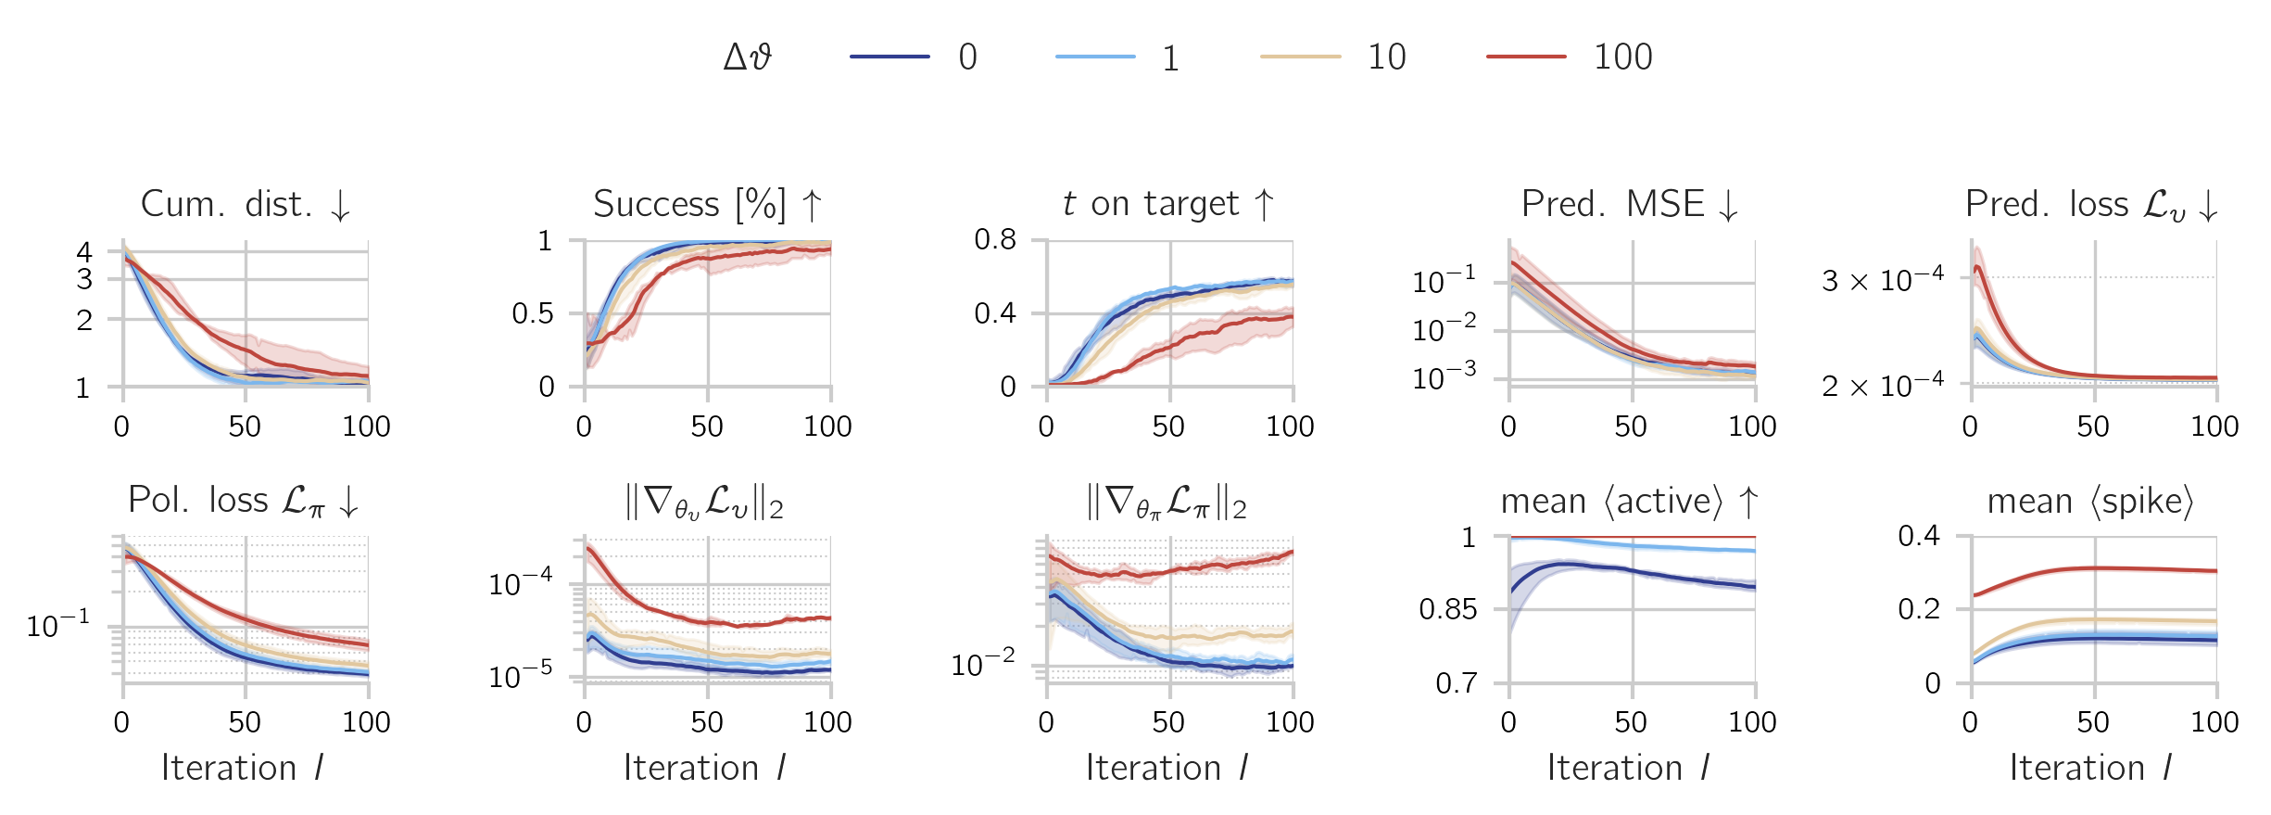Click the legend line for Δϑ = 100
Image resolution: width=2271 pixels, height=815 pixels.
[x=1526, y=57]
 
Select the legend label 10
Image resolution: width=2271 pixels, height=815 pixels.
[x=1386, y=57]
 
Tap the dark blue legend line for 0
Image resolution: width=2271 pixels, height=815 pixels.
[x=889, y=57]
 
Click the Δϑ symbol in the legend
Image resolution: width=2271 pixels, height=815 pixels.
[x=747, y=57]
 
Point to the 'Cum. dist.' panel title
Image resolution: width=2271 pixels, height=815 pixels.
[x=246, y=204]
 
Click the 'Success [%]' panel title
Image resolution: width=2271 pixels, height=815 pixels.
[x=707, y=204]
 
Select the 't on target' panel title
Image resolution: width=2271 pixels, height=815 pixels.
[x=1168, y=204]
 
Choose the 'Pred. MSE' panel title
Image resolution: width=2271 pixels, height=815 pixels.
[x=1630, y=204]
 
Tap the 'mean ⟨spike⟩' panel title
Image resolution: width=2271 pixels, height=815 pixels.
[x=2090, y=502]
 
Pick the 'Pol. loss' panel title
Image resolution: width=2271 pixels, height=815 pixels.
[x=244, y=502]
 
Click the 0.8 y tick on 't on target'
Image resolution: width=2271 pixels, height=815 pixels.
[x=995, y=240]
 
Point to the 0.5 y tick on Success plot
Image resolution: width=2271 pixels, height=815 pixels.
[x=533, y=313]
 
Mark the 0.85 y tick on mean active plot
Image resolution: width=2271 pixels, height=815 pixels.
[x=1448, y=609]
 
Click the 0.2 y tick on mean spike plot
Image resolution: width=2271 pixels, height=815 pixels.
[x=1919, y=609]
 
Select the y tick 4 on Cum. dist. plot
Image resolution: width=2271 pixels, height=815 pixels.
[x=84, y=251]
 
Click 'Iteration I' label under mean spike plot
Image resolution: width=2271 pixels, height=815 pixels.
[x=2090, y=768]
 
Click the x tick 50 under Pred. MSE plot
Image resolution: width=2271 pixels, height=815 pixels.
[x=1631, y=427]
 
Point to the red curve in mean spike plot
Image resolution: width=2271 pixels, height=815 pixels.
[x=2094, y=568]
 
